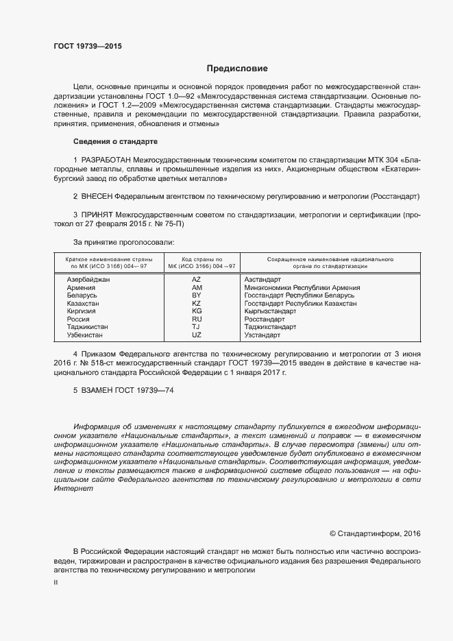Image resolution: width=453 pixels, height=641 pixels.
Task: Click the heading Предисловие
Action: [x=237, y=69]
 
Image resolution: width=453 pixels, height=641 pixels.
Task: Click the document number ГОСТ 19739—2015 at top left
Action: [x=88, y=47]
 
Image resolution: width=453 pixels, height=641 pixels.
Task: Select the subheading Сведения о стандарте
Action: [x=115, y=141]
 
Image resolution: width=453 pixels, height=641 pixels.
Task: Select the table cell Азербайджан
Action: [x=88, y=280]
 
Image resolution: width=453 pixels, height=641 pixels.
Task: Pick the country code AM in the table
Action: [x=196, y=288]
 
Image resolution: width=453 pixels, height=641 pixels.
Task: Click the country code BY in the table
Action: [x=196, y=295]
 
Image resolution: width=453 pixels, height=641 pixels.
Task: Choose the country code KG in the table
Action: [x=196, y=311]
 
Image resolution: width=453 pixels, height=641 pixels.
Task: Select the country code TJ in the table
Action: [x=196, y=328]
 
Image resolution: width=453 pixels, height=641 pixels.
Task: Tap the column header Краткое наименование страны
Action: [x=108, y=260]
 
